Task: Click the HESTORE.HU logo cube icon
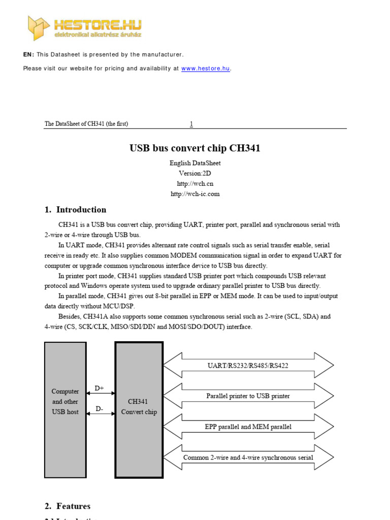pyautogui.click(x=38, y=27)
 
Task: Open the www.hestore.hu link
pyautogui.click(x=206, y=69)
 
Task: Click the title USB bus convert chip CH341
pyautogui.click(x=195, y=148)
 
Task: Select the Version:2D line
pyautogui.click(x=195, y=173)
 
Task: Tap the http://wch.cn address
pyautogui.click(x=195, y=183)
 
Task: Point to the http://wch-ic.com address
pyautogui.click(x=195, y=193)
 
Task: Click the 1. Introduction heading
pyautogui.click(x=76, y=210)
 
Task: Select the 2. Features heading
pyautogui.click(x=68, y=506)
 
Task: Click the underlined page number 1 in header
pyautogui.click(x=191, y=124)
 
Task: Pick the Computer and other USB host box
pyautogui.click(x=66, y=409)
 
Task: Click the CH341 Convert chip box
pyautogui.click(x=139, y=409)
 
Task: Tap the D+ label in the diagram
pyautogui.click(x=100, y=388)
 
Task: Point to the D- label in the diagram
pyautogui.click(x=100, y=408)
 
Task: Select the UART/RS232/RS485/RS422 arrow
pyautogui.click(x=248, y=366)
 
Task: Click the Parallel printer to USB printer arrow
pyautogui.click(x=248, y=396)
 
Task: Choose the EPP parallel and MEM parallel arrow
pyautogui.click(x=248, y=427)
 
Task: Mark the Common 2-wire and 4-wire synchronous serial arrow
pyautogui.click(x=248, y=458)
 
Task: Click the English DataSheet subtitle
pyautogui.click(x=195, y=163)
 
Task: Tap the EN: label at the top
pyautogui.click(x=28, y=54)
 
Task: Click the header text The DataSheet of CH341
pyautogui.click(x=86, y=124)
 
